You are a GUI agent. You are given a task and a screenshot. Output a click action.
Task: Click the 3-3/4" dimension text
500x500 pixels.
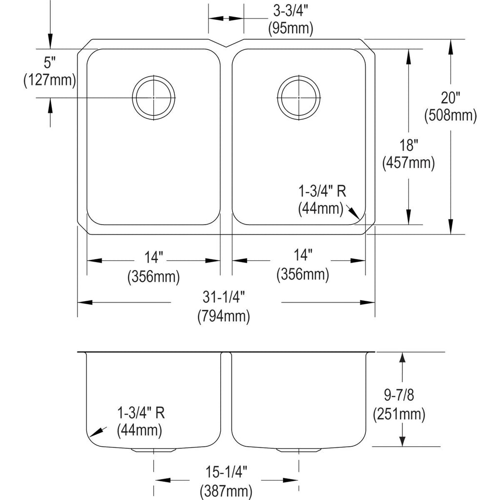tap(291, 12)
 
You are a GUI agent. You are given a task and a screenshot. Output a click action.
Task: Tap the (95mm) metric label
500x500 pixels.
tap(291, 28)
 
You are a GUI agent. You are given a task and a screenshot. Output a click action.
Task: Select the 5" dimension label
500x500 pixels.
tap(50, 62)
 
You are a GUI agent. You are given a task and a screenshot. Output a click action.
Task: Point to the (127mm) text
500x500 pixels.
tap(50, 80)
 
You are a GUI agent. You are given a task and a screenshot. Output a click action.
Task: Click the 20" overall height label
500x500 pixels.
tap(450, 98)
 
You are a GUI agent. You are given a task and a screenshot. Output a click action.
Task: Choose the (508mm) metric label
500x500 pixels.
tap(450, 115)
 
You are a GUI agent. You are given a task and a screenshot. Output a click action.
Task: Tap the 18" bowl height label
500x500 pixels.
tap(409, 146)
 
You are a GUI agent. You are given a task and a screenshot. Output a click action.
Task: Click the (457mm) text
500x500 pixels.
tap(409, 163)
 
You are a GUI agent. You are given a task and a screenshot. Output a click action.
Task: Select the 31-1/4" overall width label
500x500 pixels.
tap(224, 297)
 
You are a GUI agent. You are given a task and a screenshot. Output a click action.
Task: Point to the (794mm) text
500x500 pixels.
tap(224, 316)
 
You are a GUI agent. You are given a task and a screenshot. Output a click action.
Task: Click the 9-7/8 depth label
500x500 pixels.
tap(398, 396)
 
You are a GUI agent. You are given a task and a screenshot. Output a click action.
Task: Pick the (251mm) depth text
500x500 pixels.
tap(399, 414)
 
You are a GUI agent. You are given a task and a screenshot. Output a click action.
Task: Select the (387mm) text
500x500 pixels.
tap(226, 491)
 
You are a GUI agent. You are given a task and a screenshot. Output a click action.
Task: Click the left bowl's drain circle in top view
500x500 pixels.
tap(154, 76)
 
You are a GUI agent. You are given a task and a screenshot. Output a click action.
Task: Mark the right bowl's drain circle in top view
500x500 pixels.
tap(299, 76)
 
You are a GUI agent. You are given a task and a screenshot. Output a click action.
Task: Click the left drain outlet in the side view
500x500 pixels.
tap(154, 450)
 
